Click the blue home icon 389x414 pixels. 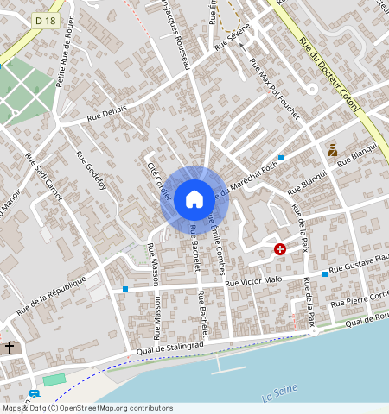point(194,199)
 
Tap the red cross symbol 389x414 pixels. point(280,249)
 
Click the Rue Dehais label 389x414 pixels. point(106,117)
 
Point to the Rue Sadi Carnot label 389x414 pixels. point(44,178)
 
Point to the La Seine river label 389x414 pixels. point(278,395)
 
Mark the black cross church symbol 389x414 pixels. point(10,348)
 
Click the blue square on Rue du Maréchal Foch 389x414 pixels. point(281,157)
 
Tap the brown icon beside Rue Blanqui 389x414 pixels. point(332,150)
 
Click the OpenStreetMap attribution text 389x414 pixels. point(87,408)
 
